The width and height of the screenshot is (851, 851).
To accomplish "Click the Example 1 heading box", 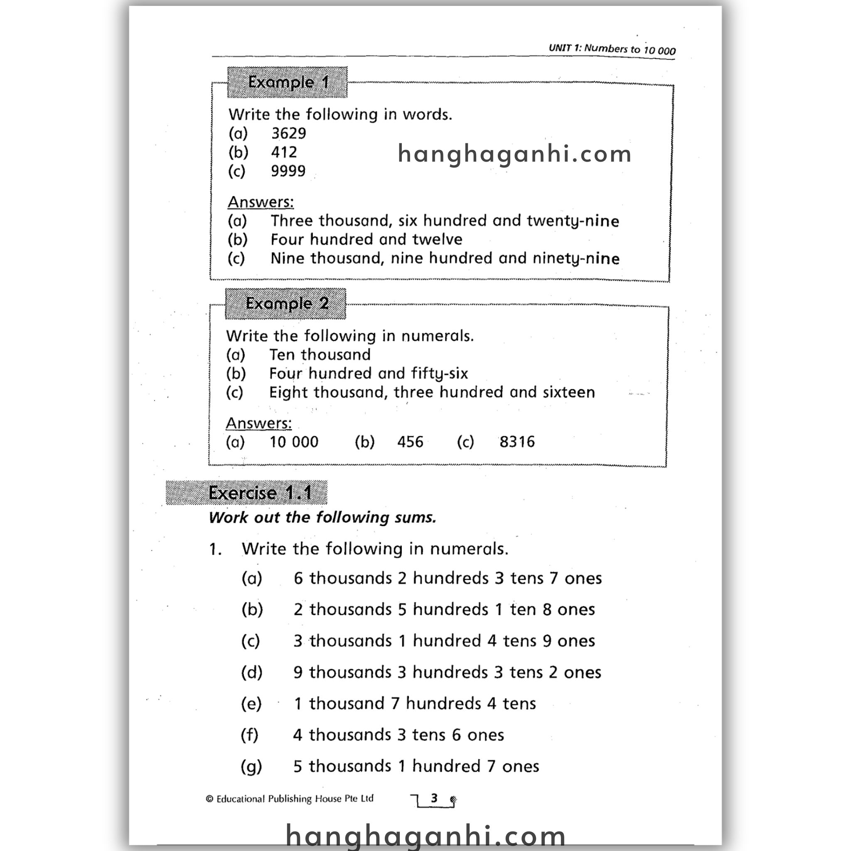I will (287, 82).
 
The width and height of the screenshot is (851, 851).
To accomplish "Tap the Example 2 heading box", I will (285, 303).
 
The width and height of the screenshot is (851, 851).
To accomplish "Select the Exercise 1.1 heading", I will (247, 492).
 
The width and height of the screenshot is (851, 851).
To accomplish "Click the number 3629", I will (288, 133).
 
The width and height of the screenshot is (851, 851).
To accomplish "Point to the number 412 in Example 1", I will (284, 152).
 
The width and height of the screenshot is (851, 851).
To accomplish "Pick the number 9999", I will (288, 171).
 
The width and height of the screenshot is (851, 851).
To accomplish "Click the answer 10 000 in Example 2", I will (294, 442).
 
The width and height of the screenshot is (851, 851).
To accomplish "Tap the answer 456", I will (410, 442).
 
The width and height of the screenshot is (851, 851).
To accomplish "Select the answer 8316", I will (517, 442).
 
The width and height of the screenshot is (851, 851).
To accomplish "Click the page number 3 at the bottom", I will (434, 798).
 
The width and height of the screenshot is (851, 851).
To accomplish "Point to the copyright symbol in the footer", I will (210, 799).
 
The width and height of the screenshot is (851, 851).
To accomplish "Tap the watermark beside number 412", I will (514, 154).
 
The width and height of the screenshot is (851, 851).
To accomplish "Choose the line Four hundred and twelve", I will (366, 240).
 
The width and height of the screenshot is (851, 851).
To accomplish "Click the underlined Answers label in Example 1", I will (260, 202).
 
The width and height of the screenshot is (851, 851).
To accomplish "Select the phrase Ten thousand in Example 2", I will (320, 354).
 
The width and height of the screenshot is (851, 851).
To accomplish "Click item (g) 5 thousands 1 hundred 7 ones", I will (416, 766).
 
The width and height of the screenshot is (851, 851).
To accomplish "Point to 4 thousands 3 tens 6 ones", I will (398, 735).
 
